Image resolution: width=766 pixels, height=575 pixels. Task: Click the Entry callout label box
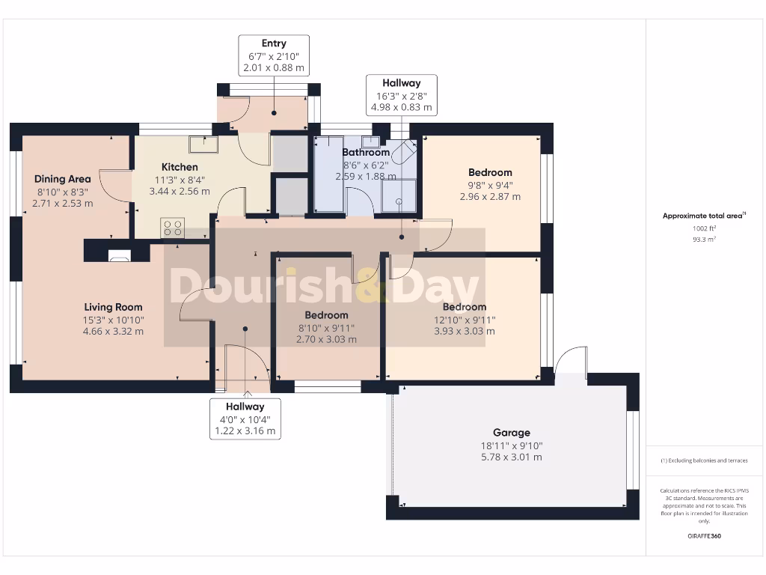[274, 55]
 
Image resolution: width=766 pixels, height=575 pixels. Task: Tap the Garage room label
[512, 432]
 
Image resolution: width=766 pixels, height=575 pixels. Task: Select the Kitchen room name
[180, 167]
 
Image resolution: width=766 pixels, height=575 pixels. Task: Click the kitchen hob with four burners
[173, 228]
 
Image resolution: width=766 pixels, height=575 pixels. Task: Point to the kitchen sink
[203, 144]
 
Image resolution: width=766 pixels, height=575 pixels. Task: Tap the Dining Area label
[63, 178]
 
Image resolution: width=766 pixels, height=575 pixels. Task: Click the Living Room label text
[114, 307]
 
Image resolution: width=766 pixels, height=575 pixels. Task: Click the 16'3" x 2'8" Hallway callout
[402, 95]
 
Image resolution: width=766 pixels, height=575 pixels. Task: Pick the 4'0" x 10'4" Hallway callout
[245, 419]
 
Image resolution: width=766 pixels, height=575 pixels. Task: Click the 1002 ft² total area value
[704, 228]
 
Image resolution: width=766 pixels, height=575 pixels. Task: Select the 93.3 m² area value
[704, 239]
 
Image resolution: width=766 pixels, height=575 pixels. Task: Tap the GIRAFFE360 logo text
[704, 536]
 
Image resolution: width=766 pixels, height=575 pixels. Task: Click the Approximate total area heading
[704, 216]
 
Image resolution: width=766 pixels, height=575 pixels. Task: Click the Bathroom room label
[366, 152]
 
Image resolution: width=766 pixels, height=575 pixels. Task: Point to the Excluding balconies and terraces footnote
[704, 460]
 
